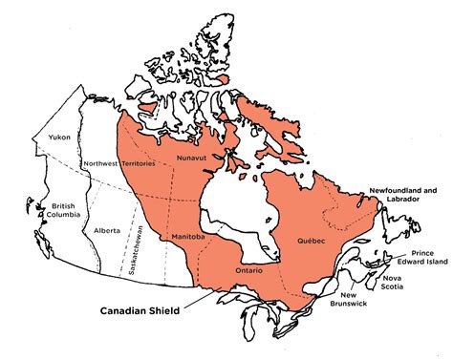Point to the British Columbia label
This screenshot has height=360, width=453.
coord(63,212)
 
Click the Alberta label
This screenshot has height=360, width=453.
coord(107,231)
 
